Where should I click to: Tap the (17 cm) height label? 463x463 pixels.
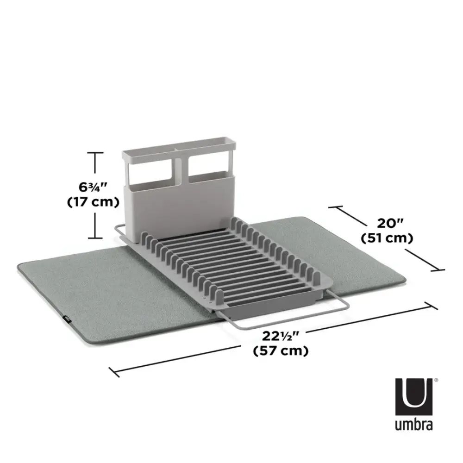94,202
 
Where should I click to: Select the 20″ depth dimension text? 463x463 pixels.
387,224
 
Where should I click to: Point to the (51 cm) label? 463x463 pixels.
387,238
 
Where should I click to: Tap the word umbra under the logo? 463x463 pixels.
414,425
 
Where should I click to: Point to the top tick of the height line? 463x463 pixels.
95,152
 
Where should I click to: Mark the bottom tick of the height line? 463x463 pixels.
95,238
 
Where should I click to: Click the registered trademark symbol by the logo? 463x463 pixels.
436,381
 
